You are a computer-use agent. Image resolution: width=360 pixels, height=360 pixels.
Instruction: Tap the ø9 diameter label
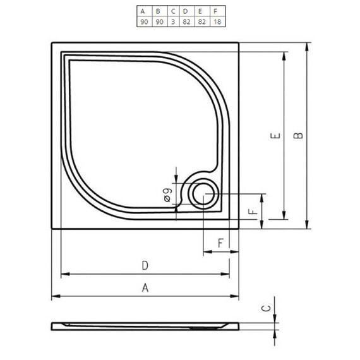click(168, 195)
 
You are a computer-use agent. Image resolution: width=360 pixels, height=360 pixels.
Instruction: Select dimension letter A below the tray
click(145, 288)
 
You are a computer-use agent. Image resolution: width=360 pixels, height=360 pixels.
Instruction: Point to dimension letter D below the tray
click(145, 265)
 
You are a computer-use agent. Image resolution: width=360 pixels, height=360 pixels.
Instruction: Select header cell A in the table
click(143, 11)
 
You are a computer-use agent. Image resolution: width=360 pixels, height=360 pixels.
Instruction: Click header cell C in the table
click(172, 11)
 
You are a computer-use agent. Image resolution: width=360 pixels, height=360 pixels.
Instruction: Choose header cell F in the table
click(216, 11)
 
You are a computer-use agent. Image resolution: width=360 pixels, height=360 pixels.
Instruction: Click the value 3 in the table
click(172, 22)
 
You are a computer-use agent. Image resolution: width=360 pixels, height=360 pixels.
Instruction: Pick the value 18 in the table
click(216, 22)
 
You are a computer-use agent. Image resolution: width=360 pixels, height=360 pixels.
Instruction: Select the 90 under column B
click(158, 22)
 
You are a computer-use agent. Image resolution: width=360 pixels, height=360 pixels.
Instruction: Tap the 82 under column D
click(186, 22)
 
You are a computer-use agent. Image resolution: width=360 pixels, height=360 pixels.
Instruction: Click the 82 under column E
click(201, 22)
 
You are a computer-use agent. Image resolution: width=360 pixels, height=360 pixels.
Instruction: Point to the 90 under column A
click(143, 22)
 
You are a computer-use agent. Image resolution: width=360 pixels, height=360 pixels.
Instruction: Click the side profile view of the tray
click(145, 326)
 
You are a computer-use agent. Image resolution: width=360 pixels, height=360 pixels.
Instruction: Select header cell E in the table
click(201, 11)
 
